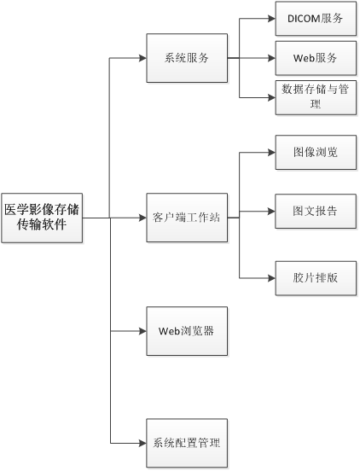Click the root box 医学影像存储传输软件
[x=42, y=218]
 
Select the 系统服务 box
[x=187, y=58]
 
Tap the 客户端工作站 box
[x=187, y=218]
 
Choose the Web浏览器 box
[x=187, y=331]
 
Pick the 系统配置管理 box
[x=187, y=443]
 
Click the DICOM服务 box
[x=316, y=19]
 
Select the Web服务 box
[x=316, y=58]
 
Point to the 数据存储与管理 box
[x=316, y=97]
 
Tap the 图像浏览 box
[x=316, y=152]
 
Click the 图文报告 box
[x=316, y=211]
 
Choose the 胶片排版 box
[x=316, y=278]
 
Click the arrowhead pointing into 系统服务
[x=142, y=58]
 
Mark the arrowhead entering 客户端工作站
[x=142, y=218]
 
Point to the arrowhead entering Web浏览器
[x=142, y=331]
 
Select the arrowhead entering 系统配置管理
[x=142, y=443]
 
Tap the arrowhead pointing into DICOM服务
[x=272, y=19]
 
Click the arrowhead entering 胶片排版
[x=272, y=278]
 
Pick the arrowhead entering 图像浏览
[x=272, y=152]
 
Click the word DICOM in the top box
[x=304, y=19]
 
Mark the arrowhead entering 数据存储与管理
[x=272, y=97]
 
